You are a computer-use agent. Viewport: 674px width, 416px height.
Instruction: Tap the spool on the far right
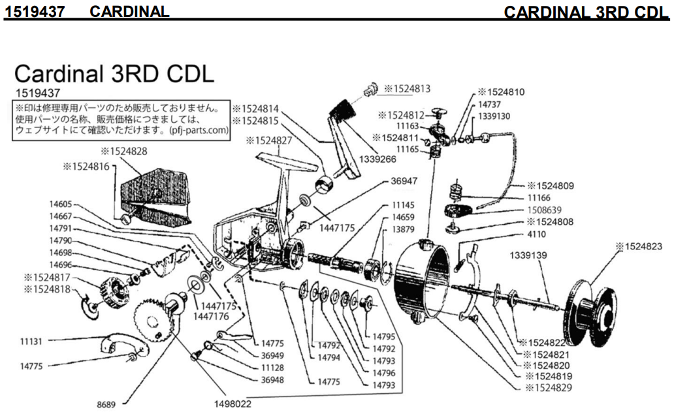591,313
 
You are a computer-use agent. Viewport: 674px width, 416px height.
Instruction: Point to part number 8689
106,405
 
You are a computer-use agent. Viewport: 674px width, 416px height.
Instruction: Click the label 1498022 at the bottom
233,404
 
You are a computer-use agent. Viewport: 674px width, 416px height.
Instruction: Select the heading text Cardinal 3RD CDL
114,74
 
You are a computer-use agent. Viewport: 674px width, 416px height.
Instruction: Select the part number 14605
63,204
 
